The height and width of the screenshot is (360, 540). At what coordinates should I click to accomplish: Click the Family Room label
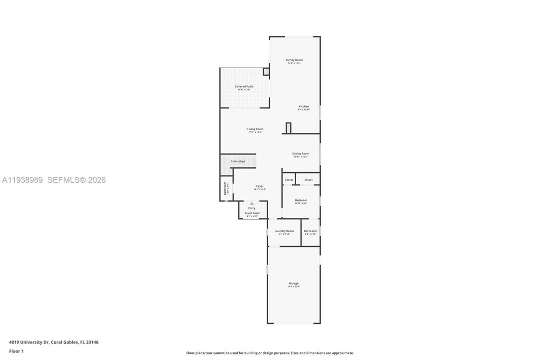click(x=294, y=60)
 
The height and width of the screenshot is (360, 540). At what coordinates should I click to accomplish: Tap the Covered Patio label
click(x=244, y=86)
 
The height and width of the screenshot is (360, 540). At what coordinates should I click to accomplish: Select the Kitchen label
click(x=304, y=106)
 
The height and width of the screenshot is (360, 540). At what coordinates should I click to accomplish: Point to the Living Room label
click(x=255, y=129)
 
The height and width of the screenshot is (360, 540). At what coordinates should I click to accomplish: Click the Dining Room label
click(x=301, y=153)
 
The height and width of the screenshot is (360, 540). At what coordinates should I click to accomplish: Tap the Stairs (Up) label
click(x=238, y=161)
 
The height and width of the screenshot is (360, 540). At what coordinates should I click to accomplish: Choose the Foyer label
click(x=260, y=186)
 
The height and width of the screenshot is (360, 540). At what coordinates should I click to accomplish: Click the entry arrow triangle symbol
click(x=252, y=203)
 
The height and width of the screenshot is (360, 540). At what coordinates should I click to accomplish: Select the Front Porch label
click(x=252, y=213)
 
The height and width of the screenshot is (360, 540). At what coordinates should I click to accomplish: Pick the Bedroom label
click(x=301, y=200)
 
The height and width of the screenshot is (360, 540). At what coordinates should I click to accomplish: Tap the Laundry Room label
click(x=284, y=231)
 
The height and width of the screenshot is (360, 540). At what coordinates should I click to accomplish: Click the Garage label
click(x=294, y=283)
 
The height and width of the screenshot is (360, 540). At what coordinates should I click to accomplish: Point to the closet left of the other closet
click(x=289, y=180)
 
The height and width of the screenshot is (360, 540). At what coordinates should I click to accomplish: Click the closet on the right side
click(x=308, y=180)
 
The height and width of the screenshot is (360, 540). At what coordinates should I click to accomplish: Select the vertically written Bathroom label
click(x=225, y=188)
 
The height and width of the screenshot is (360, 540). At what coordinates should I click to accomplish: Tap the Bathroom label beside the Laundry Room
click(x=311, y=231)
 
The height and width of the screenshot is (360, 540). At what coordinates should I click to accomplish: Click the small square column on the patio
click(x=266, y=72)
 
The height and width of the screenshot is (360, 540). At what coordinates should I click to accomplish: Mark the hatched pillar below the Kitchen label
click(x=288, y=128)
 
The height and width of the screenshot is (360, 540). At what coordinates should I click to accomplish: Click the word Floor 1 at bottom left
click(x=16, y=351)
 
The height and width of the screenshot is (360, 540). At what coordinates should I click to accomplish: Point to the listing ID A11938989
click(x=23, y=180)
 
